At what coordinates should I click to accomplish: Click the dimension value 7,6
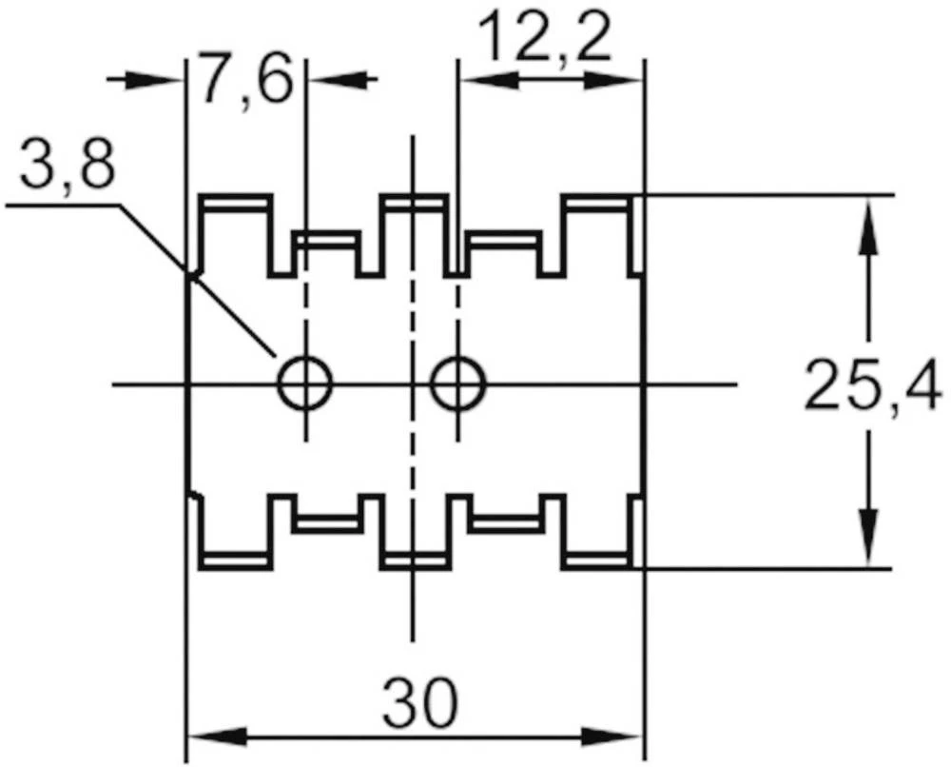(x=243, y=81)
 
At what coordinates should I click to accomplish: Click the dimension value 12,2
(x=544, y=40)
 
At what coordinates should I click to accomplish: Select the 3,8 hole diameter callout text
(x=67, y=168)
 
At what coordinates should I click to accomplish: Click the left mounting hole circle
(x=306, y=383)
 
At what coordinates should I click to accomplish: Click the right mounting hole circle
(x=457, y=383)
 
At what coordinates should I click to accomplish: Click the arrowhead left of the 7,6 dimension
(x=157, y=79)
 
